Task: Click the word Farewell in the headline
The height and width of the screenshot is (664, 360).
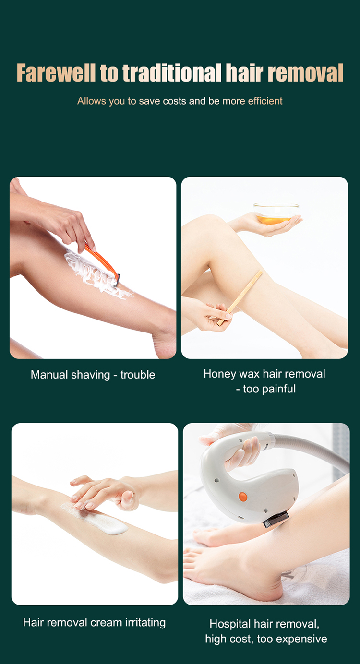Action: click(x=56, y=72)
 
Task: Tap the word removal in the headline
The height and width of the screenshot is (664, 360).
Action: click(x=306, y=72)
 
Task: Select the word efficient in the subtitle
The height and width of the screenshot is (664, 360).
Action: click(x=265, y=101)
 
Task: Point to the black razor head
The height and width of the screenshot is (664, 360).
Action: click(x=116, y=280)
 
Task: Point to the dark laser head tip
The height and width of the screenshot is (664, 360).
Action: click(x=276, y=519)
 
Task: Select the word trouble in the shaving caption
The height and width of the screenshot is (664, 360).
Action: click(x=138, y=375)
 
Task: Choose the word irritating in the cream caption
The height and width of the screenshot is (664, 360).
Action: click(x=145, y=623)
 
